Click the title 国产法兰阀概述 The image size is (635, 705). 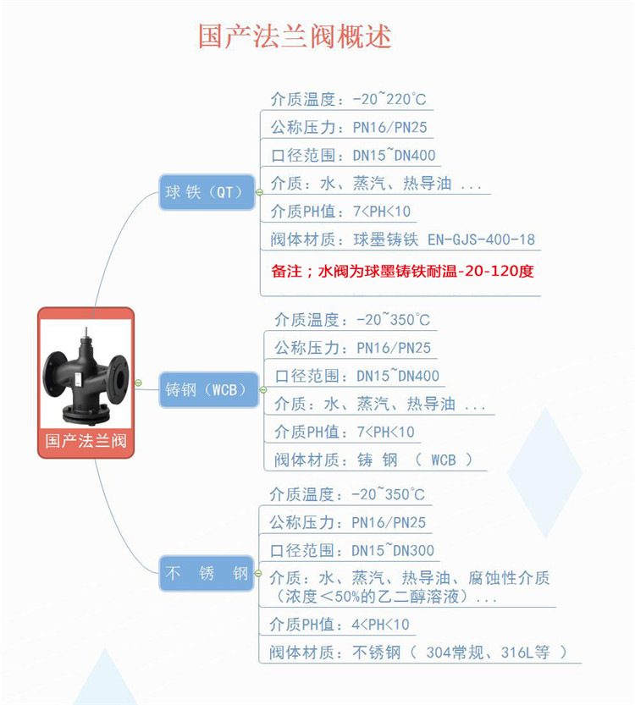[295, 36]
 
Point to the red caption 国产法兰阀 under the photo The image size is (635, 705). [86, 441]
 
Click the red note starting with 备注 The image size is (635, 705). [402, 272]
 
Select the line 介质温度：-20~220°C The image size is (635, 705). [348, 100]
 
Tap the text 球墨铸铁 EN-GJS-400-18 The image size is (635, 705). [444, 240]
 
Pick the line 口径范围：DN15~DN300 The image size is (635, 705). [351, 551]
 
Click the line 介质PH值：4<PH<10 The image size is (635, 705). [339, 625]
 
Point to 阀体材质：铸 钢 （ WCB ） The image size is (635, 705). [373, 460]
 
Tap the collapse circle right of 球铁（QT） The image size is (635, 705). [260, 192]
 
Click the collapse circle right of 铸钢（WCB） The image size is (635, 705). [262, 390]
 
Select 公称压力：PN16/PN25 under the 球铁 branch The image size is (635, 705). [348, 129]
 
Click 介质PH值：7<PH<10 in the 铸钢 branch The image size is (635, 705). [344, 432]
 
